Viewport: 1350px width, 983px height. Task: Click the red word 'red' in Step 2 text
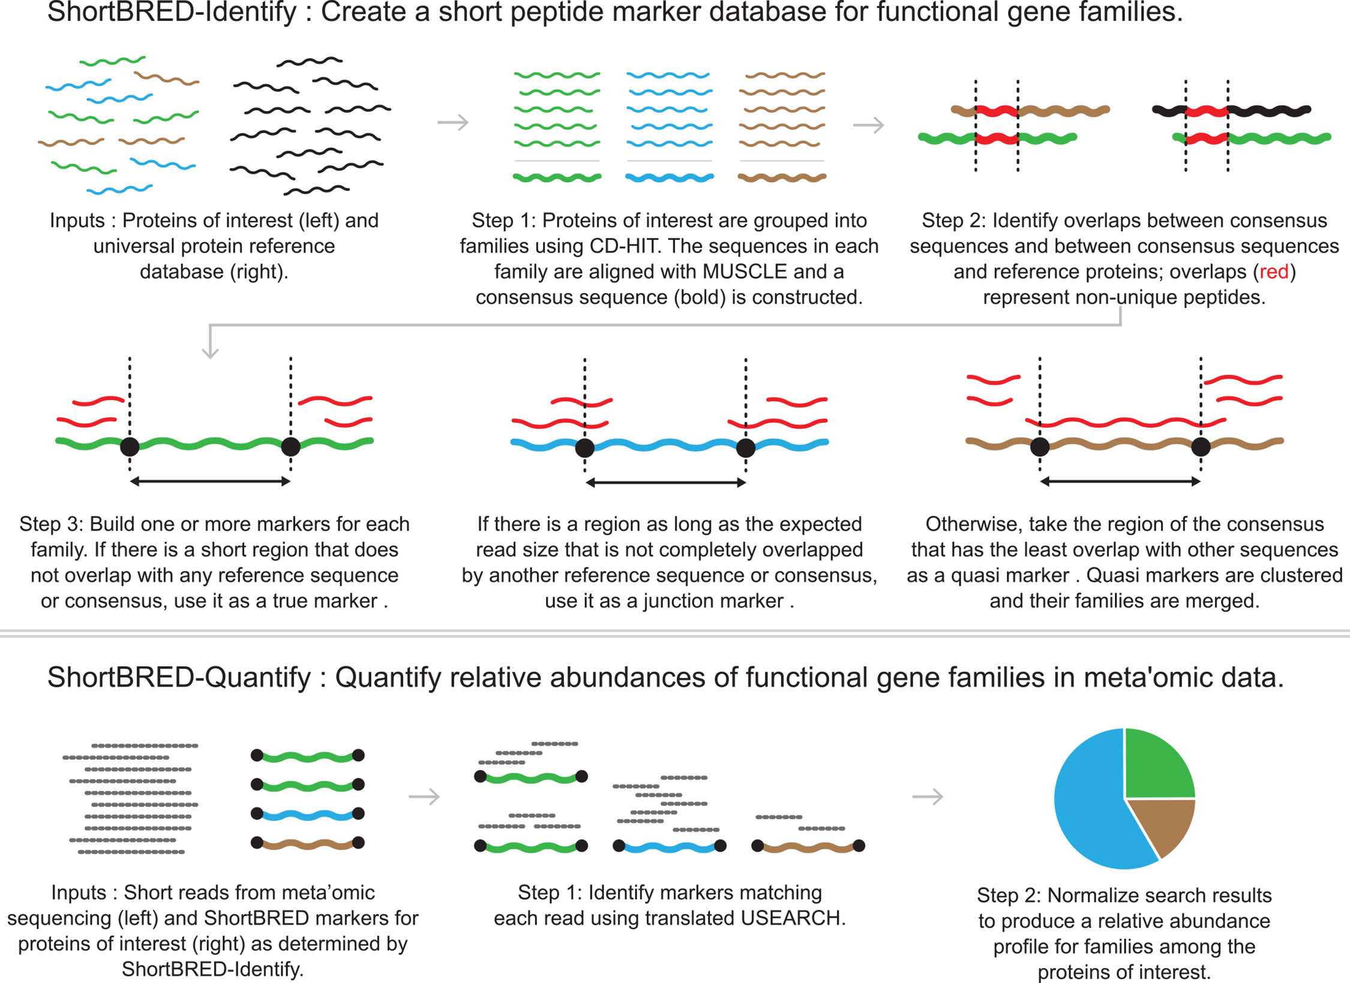pos(1273,272)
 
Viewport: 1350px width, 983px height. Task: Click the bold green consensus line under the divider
pos(557,178)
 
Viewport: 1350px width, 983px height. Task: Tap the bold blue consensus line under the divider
pos(670,178)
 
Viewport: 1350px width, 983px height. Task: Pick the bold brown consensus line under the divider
pos(782,178)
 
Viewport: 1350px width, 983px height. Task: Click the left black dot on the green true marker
pos(130,446)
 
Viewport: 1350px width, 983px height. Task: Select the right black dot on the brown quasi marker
pos(1201,446)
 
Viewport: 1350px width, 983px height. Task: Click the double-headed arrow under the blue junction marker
pos(665,482)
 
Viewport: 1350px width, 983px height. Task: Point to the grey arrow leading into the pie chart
pos(928,797)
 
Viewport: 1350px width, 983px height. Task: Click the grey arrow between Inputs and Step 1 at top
pos(453,122)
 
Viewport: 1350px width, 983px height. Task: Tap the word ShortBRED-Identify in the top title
pos(172,12)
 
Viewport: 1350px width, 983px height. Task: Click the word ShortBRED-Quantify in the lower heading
pos(179,678)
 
